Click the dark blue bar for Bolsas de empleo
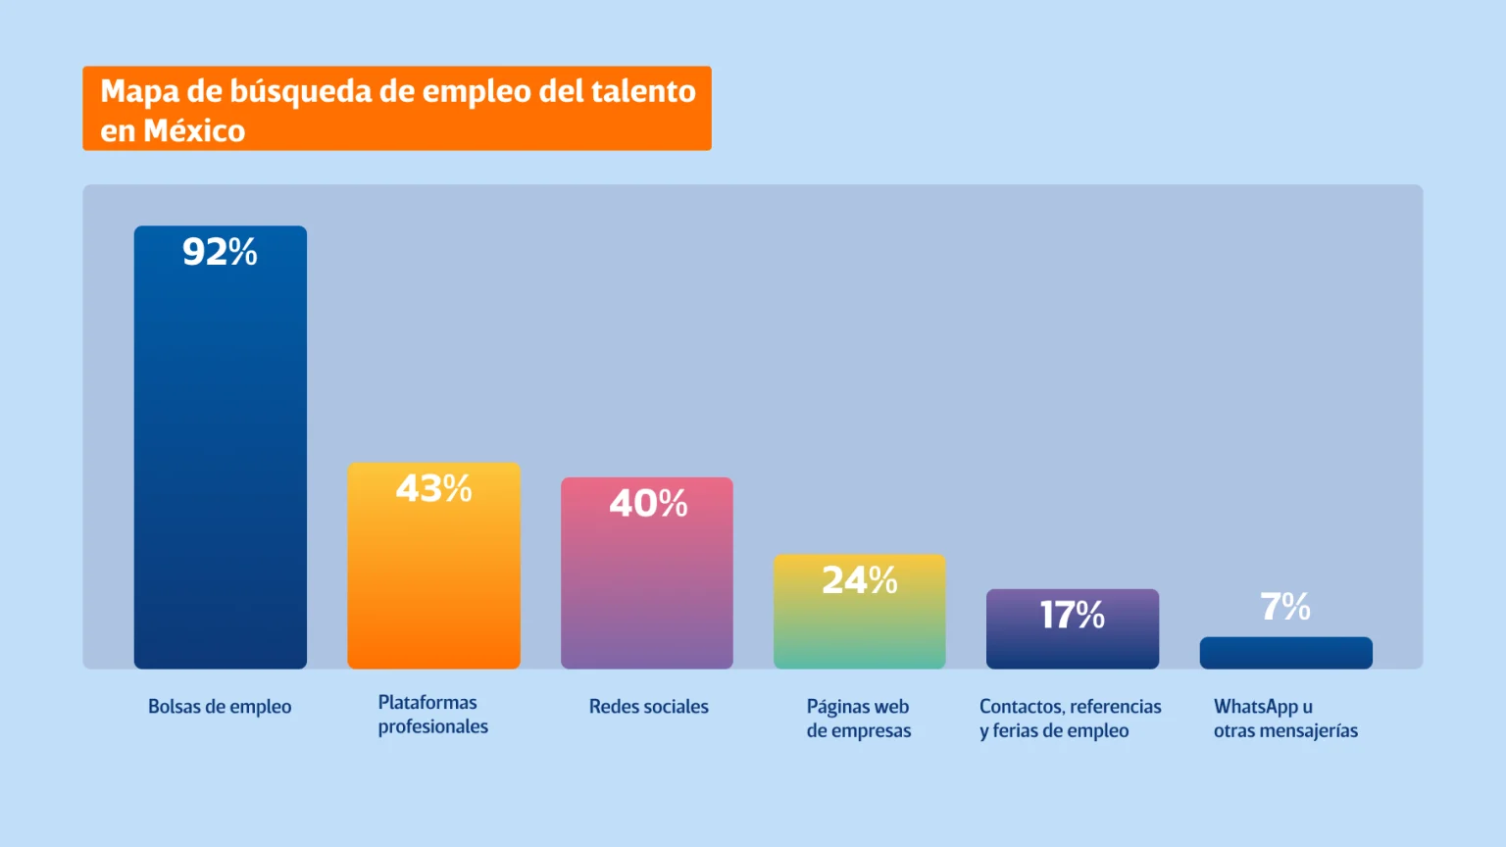[220, 461]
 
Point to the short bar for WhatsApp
[1285, 653]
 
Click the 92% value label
[220, 252]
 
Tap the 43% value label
[433, 488]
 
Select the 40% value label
[648, 503]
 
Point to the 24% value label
[860, 580]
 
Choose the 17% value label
[1073, 615]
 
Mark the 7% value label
[1285, 607]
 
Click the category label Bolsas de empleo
[220, 707]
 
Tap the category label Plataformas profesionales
[432, 715]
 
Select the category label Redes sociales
[648, 707]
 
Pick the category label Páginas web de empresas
[859, 719]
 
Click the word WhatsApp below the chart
[1256, 707]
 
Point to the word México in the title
[194, 130]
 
